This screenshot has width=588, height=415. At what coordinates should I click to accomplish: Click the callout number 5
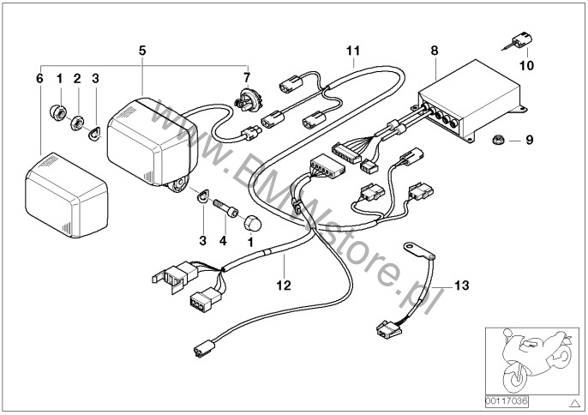[x=142, y=50]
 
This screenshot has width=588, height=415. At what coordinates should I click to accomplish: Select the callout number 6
[x=39, y=78]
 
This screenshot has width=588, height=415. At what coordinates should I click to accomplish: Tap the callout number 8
[x=435, y=50]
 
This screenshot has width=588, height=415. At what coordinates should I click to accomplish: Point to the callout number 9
[x=529, y=138]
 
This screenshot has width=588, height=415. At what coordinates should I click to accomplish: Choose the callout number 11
[x=353, y=50]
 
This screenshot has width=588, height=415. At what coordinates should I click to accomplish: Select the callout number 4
[x=223, y=242]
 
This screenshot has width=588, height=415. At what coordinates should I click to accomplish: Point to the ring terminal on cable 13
[x=415, y=249]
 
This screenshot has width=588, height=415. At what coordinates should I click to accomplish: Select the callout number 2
[x=77, y=78]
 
